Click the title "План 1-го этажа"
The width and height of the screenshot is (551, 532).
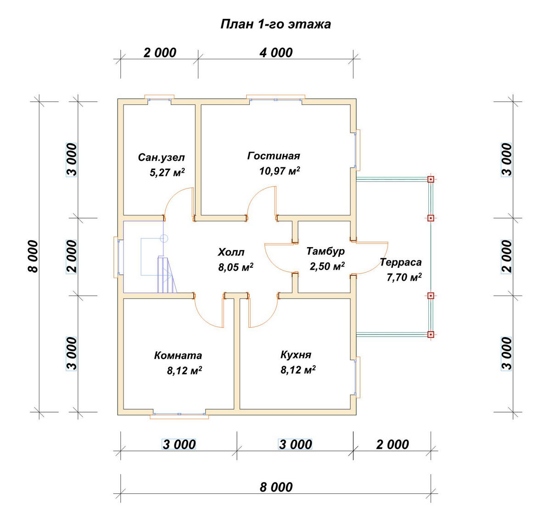[275, 24]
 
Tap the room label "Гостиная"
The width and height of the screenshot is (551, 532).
[274, 156]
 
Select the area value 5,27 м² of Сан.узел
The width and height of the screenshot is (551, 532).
[167, 172]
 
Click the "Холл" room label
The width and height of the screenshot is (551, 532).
[231, 252]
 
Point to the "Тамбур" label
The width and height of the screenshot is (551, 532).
[326, 251]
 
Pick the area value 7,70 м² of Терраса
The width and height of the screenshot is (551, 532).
[404, 277]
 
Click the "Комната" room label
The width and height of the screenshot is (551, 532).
[178, 356]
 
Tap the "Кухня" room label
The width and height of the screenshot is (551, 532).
[296, 355]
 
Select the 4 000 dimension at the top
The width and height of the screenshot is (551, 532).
[276, 53]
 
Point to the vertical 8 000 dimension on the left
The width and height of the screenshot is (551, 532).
[33, 257]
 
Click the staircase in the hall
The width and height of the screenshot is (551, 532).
[168, 274]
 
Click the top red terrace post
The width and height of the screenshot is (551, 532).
[430, 179]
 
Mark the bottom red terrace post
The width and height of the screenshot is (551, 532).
[430, 334]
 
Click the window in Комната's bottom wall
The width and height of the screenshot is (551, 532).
[179, 414]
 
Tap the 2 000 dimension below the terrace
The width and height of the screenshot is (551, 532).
[392, 445]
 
